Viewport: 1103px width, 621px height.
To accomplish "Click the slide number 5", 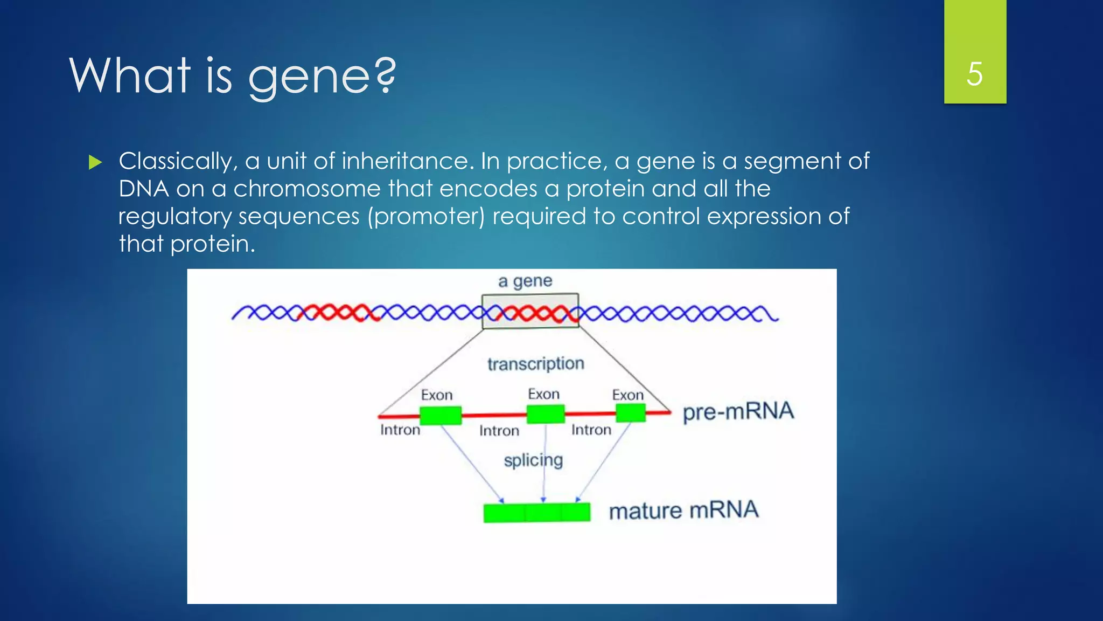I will point(974,74).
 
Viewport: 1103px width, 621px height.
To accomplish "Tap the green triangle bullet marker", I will point(95,162).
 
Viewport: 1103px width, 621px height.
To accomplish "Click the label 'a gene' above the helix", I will point(525,281).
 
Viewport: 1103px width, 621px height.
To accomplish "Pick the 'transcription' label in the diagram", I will point(535,364).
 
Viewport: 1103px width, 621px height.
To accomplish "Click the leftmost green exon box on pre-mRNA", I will point(440,416).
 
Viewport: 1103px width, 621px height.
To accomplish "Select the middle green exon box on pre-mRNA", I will point(545,414).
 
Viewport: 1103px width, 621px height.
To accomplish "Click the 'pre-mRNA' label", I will point(738,412).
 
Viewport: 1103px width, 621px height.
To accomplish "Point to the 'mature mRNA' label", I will point(683,510).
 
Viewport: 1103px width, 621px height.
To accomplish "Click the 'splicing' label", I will point(533,461).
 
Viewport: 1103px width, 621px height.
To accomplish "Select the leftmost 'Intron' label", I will point(400,430).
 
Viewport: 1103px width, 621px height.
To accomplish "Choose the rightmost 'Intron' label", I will point(591,430).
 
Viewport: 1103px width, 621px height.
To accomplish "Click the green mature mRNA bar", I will point(536,512).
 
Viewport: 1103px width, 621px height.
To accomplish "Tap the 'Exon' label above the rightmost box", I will point(627,395).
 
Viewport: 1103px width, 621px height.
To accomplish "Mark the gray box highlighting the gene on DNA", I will point(530,311).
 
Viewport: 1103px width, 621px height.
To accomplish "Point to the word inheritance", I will point(404,161).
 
